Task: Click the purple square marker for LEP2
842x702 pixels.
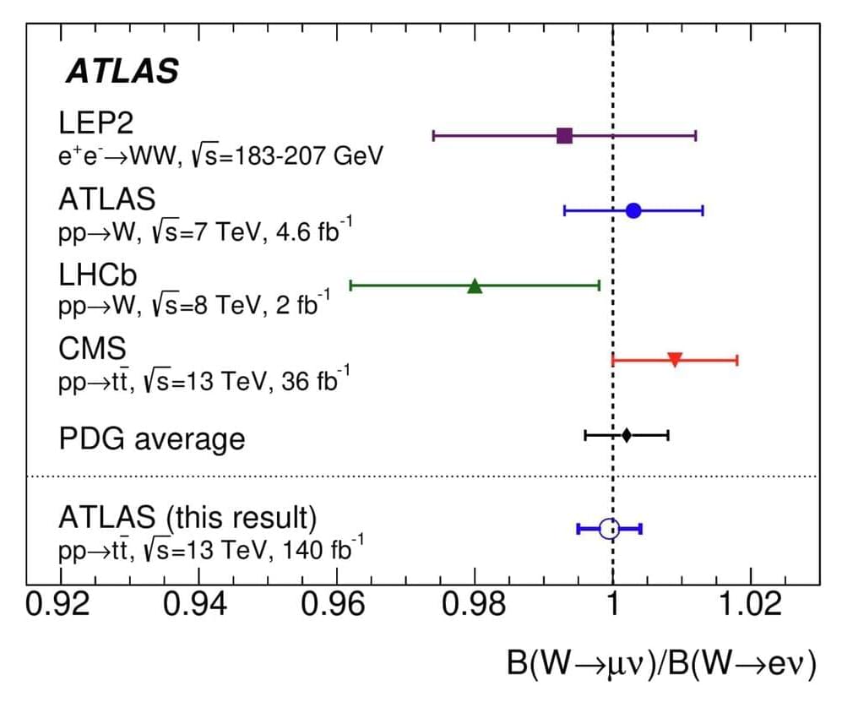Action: [565, 135]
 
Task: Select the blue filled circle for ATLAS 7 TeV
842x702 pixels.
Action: [633, 210]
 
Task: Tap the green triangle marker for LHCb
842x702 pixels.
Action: [475, 286]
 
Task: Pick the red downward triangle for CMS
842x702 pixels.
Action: [675, 360]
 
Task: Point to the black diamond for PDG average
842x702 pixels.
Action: [626, 435]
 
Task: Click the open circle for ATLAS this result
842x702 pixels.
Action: [609, 529]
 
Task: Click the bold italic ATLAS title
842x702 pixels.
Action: [122, 72]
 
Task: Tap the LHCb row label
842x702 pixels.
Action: [98, 274]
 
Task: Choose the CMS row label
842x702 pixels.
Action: [92, 348]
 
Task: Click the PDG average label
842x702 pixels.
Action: [152, 439]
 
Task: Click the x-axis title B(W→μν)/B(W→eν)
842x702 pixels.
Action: [661, 666]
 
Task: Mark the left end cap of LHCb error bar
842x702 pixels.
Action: [350, 286]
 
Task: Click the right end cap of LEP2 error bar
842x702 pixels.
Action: [696, 135]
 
